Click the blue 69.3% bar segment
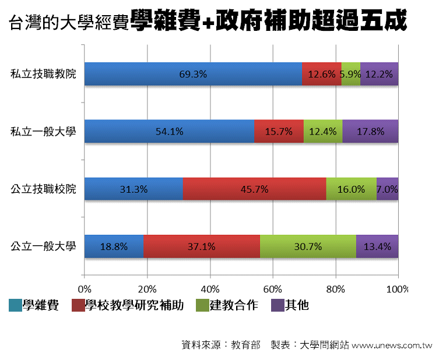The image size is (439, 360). (193, 74)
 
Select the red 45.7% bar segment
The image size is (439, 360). (254, 189)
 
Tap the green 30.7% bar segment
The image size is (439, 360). (308, 246)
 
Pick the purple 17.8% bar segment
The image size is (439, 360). (370, 131)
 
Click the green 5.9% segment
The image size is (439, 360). (350, 74)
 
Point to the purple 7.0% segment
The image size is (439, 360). (387, 189)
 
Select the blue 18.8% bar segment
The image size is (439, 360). (114, 246)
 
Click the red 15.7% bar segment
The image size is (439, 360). (279, 131)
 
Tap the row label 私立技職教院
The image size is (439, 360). (43, 75)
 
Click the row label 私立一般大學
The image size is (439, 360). (43, 132)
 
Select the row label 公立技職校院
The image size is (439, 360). (43, 189)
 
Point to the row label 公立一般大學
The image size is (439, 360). (43, 246)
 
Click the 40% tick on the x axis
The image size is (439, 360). (210, 289)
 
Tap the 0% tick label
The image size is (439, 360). (85, 289)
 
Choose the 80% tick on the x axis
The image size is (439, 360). (335, 289)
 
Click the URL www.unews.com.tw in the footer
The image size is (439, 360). (391, 345)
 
